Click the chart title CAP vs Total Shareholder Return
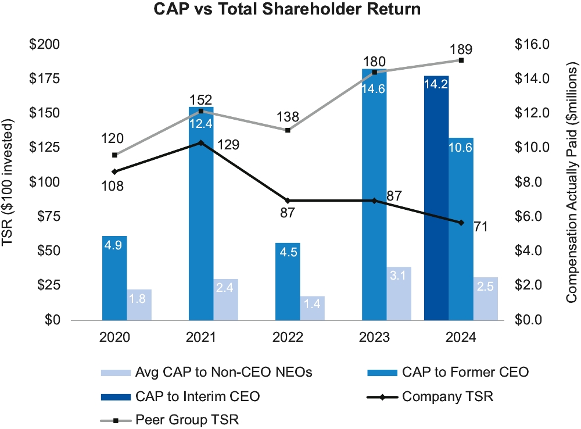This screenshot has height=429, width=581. pos(290,10)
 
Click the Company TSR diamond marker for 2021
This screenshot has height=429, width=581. pos(201,142)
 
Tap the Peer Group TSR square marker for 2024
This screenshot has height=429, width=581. pos(461,60)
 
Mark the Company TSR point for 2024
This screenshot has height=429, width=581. pos(461,223)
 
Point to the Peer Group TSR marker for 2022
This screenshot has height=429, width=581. pos(288,130)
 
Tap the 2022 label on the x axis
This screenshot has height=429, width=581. pos(288,338)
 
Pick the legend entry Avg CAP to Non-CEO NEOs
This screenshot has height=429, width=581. pos(223,373)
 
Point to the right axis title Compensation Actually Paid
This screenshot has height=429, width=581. pos(572,182)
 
